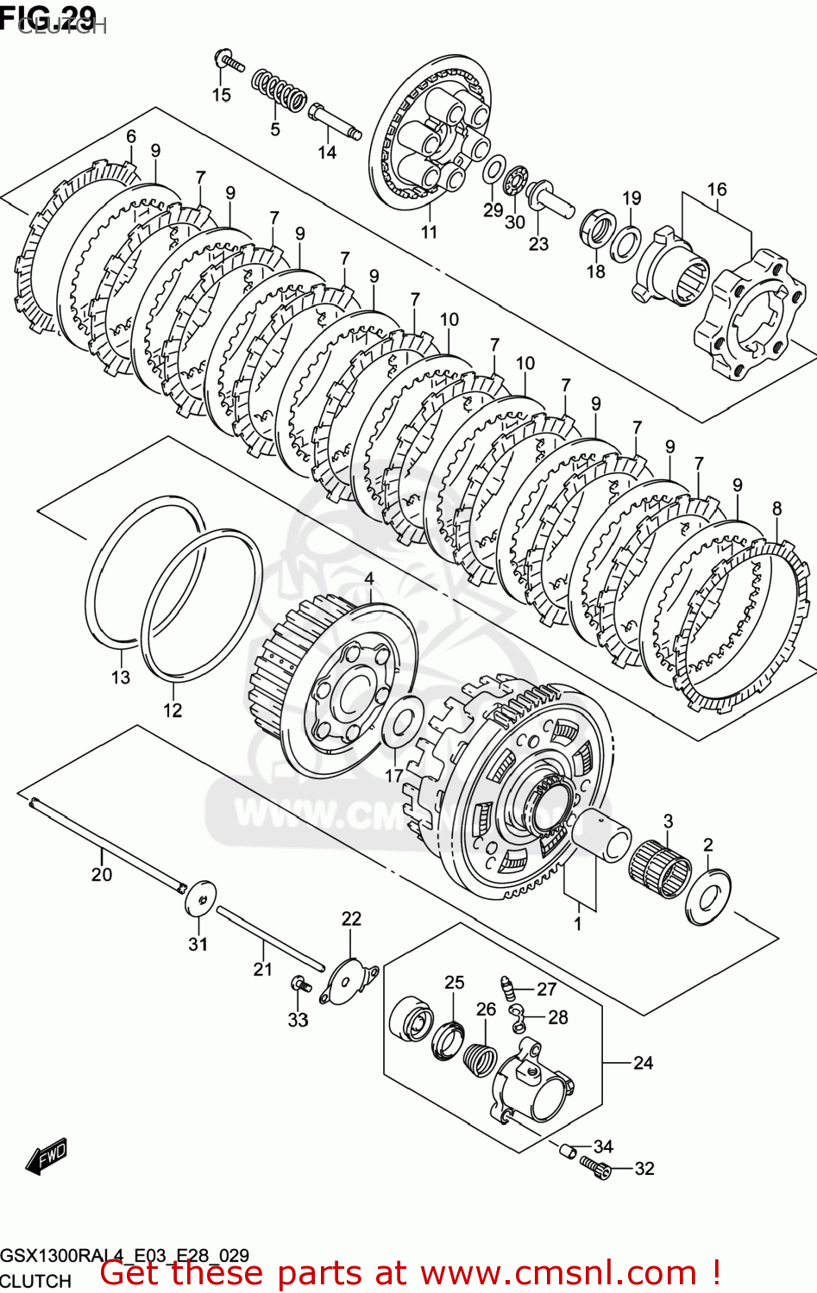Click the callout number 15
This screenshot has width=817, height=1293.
222,95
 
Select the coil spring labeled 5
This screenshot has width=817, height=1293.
279,91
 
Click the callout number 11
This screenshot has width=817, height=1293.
429,232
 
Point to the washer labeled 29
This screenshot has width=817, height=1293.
495,170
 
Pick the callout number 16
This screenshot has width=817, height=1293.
717,189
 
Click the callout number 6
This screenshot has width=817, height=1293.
131,136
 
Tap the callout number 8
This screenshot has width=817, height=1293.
777,509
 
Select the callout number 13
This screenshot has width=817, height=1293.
121,678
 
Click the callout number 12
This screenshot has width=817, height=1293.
173,710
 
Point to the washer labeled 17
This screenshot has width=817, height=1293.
400,723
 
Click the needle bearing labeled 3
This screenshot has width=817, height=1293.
660,865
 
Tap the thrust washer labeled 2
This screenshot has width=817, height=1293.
708,896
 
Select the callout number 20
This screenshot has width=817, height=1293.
102,874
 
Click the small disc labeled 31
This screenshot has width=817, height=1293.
200,899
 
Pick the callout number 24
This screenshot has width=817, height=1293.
644,1063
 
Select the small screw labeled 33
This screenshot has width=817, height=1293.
299,984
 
